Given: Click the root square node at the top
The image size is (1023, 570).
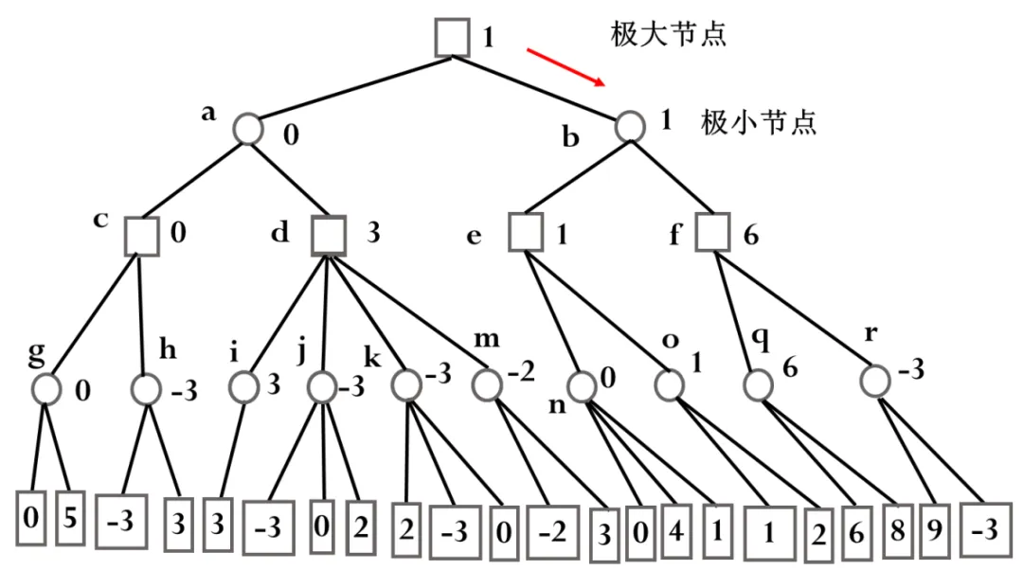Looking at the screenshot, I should point(453,37).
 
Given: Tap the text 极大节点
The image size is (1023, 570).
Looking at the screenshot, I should point(668,36).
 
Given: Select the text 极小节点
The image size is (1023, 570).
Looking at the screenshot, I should point(759,123).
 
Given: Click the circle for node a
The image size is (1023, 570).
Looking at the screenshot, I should point(248,128).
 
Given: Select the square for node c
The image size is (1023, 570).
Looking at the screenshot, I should point(141,234).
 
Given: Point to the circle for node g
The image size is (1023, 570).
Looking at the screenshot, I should point(45,387).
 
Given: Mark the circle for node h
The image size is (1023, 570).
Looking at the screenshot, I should point(146,387).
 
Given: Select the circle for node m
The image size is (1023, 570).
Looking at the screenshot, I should point(487,383).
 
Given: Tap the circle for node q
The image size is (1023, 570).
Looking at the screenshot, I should point(757,384).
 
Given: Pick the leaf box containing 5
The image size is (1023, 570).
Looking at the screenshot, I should point(70,519).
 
